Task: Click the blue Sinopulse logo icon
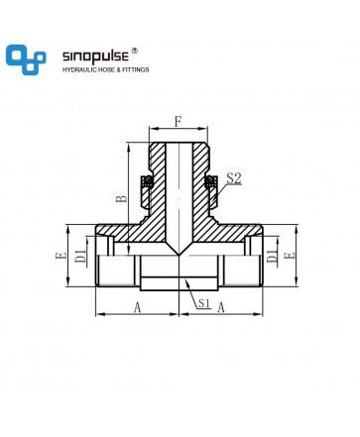(x=26, y=59)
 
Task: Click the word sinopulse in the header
(x=95, y=56)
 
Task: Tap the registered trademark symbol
(x=134, y=51)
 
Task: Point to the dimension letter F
(x=179, y=122)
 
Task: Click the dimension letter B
(x=121, y=198)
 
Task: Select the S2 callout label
(x=234, y=178)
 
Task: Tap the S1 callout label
(x=204, y=303)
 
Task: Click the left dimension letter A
(x=138, y=308)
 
